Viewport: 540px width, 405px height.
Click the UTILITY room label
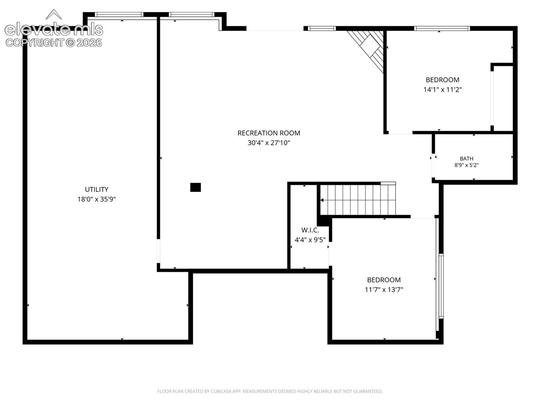(x=96, y=189)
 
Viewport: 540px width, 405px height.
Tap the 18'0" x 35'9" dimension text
(x=96, y=199)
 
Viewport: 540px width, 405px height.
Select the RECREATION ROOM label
(x=268, y=133)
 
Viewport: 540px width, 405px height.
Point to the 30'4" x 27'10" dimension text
(x=268, y=142)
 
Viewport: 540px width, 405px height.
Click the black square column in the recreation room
(x=195, y=187)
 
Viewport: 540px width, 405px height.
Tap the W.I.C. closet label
(x=310, y=230)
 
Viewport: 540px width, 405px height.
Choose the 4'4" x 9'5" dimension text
(x=310, y=240)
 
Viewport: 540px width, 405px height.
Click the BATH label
(x=466, y=159)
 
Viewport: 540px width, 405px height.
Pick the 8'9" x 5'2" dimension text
(x=466, y=165)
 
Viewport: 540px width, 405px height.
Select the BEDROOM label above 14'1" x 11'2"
(x=442, y=80)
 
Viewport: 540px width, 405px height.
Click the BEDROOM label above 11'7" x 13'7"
(x=384, y=280)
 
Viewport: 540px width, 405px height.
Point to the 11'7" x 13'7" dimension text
(x=384, y=289)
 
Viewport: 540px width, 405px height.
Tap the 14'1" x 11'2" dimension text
(x=442, y=90)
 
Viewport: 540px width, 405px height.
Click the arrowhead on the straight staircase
(x=322, y=200)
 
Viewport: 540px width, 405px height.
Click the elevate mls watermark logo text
(x=54, y=30)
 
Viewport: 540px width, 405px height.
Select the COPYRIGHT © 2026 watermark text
(x=54, y=43)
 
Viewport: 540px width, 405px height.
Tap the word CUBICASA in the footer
(x=220, y=391)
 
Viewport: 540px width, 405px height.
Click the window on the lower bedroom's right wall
(x=441, y=286)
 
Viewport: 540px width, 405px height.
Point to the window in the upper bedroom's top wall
(x=442, y=28)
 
